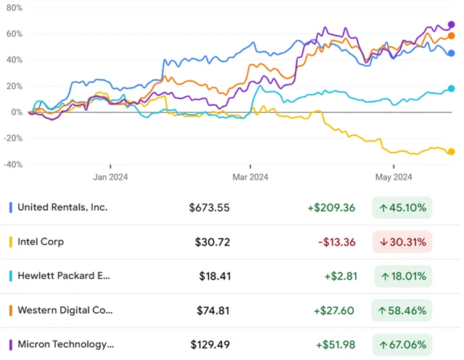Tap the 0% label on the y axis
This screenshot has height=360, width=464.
[x=16, y=112]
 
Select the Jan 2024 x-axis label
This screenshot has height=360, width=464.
[x=109, y=176]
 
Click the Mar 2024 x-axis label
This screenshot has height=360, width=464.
[x=249, y=176]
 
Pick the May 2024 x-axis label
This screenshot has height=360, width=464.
[x=393, y=176]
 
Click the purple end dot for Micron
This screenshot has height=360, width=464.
[x=451, y=25]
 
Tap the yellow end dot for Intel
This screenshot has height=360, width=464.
[x=451, y=151]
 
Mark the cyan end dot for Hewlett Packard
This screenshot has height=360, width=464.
[x=451, y=88]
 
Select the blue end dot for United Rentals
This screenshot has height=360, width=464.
[x=451, y=53]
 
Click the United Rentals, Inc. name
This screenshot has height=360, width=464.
[x=62, y=207]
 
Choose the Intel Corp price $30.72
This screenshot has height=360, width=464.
[x=212, y=242]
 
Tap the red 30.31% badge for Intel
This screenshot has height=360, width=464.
[x=402, y=242]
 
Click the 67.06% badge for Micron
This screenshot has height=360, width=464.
[x=402, y=345]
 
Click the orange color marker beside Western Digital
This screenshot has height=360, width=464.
[x=10, y=311]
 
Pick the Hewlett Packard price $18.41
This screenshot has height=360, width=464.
[x=214, y=276]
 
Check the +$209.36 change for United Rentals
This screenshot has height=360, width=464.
[x=331, y=208]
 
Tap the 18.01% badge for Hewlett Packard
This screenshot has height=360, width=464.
[x=402, y=276]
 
